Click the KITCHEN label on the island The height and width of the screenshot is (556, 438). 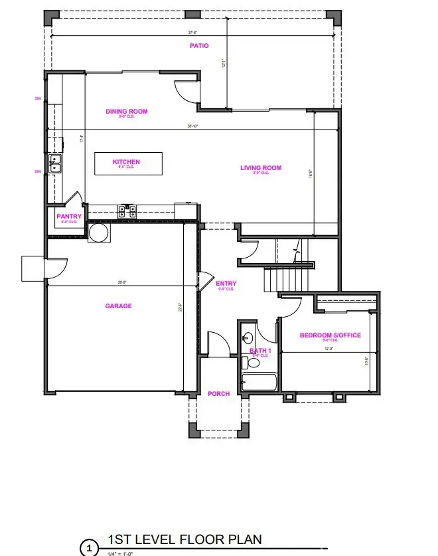(126, 162)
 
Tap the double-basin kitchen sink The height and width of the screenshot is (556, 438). (54, 159)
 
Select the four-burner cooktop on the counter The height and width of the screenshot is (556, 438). (126, 212)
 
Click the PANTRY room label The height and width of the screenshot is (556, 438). (69, 217)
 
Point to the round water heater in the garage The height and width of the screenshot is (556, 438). (98, 232)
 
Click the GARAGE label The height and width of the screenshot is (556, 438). (118, 306)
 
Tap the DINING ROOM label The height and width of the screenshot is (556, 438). (126, 112)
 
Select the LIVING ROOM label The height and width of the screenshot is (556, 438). (261, 168)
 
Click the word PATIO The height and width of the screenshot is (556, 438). (199, 46)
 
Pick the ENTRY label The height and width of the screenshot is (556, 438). (226, 284)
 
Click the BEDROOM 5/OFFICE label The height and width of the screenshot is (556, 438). (330, 335)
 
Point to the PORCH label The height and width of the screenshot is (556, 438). (218, 394)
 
